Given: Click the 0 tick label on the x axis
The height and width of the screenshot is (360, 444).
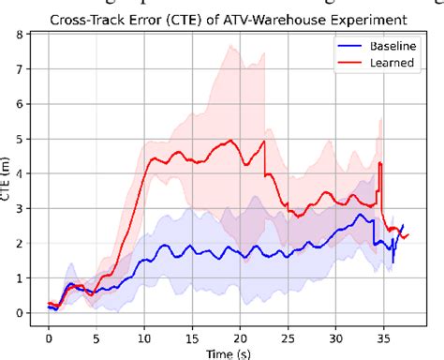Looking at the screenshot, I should click(x=49, y=333).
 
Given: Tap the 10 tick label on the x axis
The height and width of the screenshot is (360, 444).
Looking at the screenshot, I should click(x=144, y=333).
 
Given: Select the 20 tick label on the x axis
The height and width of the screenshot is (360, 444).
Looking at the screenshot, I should click(x=241, y=333).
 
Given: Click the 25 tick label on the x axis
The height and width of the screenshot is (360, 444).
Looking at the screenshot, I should click(x=289, y=333).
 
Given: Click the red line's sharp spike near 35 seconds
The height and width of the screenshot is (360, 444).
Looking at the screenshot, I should click(x=379, y=164).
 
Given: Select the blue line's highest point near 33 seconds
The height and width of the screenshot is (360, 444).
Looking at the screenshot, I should click(x=361, y=215).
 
